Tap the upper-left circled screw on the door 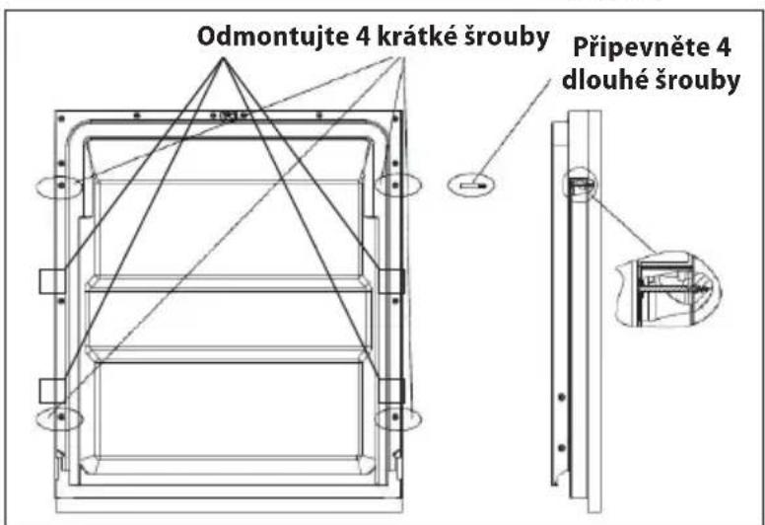click(x=60, y=187)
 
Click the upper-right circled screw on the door click(x=397, y=186)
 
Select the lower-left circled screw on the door click(x=60, y=418)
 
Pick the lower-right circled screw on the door click(x=397, y=419)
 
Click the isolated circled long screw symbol click(x=471, y=186)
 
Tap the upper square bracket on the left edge click(x=51, y=281)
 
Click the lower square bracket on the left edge click(x=51, y=391)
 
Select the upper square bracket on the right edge click(x=391, y=281)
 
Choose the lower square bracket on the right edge click(x=391, y=391)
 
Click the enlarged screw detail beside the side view click(x=667, y=288)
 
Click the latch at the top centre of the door click(x=229, y=116)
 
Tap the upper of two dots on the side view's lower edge click(x=562, y=397)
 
